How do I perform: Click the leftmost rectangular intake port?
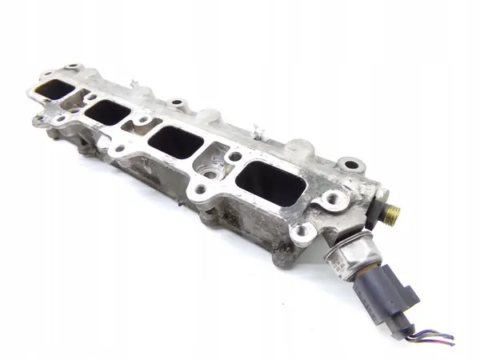pos(54,90)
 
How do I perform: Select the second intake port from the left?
pos(107,112)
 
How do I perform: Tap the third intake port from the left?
pos(175,142)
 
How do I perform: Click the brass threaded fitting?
pos(392,213)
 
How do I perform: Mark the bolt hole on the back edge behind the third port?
pos(177,104)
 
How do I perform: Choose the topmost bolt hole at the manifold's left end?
pos(74,67)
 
